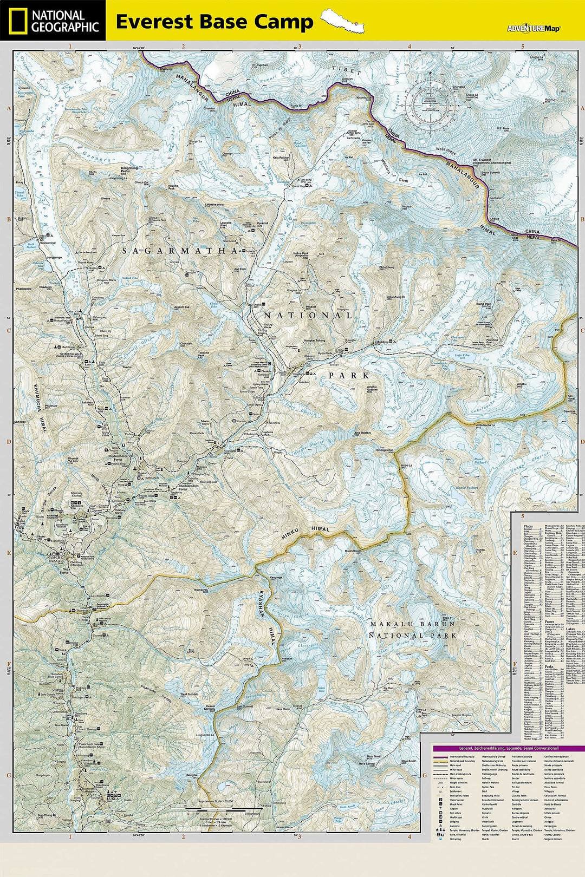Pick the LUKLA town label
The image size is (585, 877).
pos(112,798)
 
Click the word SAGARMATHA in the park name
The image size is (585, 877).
pos(180,251)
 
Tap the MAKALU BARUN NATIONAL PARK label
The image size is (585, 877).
pos(413,630)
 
